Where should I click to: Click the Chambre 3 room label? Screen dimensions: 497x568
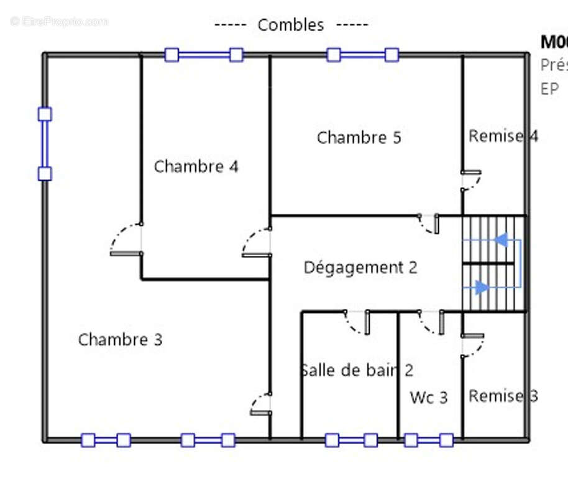pyautogui.click(x=120, y=340)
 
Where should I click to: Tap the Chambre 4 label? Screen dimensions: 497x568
pyautogui.click(x=196, y=166)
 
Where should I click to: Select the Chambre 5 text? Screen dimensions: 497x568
pyautogui.click(x=359, y=137)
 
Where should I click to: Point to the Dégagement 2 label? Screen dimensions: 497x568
pyautogui.click(x=360, y=268)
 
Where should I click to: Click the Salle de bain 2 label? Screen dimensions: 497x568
pyautogui.click(x=357, y=370)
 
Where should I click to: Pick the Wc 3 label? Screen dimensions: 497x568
pyautogui.click(x=428, y=398)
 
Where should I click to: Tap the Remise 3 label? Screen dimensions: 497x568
pyautogui.click(x=502, y=396)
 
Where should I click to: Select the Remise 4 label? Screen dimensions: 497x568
pyautogui.click(x=502, y=136)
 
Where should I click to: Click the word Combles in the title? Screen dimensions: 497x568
pyautogui.click(x=290, y=25)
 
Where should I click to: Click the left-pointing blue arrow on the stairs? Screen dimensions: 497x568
pyautogui.click(x=501, y=239)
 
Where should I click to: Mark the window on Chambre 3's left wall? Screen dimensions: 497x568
pyautogui.click(x=45, y=144)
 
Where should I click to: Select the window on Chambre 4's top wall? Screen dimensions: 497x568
pyautogui.click(x=203, y=55)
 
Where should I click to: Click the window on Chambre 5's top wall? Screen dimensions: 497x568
pyautogui.click(x=362, y=55)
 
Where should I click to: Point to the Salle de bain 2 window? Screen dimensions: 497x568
pyautogui.click(x=351, y=440)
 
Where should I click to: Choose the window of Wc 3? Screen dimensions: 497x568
pyautogui.click(x=428, y=440)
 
